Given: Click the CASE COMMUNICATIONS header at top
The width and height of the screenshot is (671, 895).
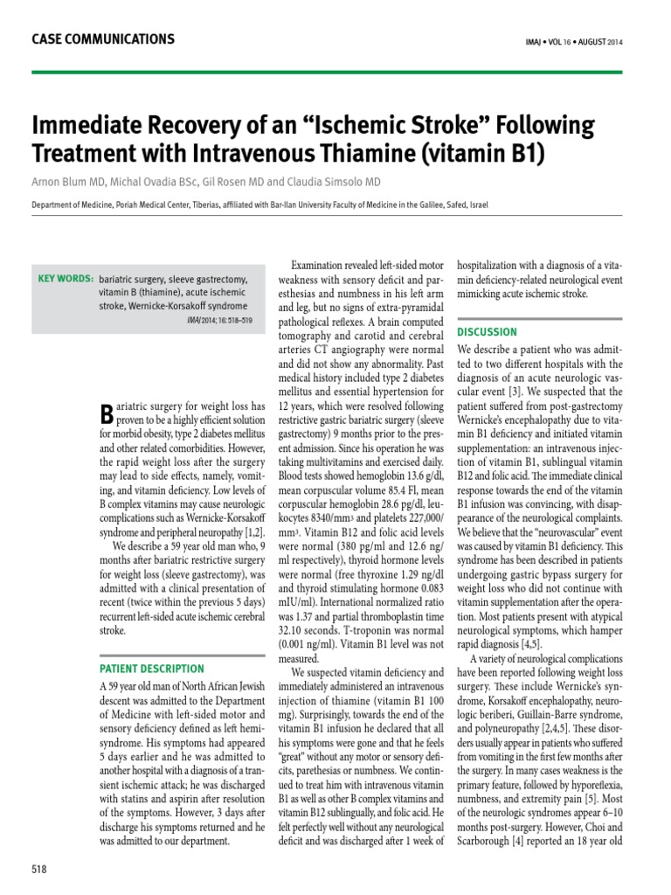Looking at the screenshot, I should (x=102, y=39).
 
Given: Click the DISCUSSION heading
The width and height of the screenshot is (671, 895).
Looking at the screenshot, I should (x=487, y=332).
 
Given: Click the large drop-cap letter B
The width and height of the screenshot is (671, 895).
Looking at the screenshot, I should (x=107, y=414).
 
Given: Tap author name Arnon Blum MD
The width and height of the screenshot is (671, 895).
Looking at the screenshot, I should (x=66, y=181).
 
